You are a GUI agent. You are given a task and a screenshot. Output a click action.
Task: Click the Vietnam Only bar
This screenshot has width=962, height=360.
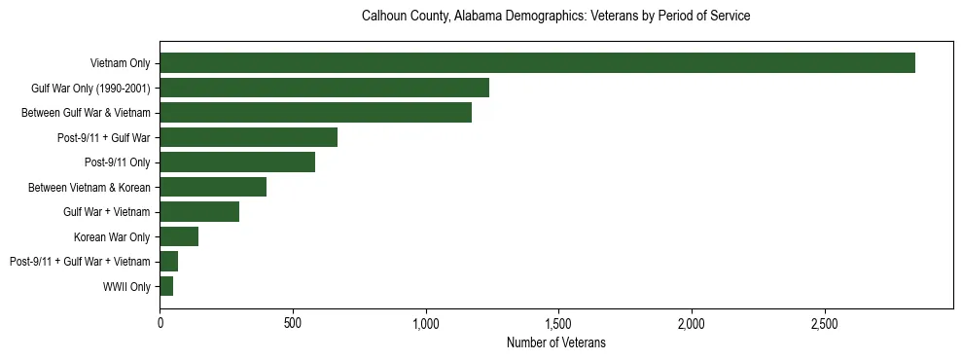click(537, 63)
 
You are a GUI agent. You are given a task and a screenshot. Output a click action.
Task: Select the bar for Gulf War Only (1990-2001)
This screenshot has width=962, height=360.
click(324, 88)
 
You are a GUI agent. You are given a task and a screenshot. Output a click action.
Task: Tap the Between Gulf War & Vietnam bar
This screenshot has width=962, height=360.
click(315, 113)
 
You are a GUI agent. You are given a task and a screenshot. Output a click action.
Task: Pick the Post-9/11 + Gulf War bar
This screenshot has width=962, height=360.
click(248, 137)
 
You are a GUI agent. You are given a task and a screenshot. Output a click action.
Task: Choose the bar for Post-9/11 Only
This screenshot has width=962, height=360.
click(237, 162)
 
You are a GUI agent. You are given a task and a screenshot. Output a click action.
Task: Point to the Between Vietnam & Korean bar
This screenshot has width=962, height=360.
click(213, 187)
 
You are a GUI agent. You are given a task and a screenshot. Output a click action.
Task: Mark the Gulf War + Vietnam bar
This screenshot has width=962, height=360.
click(199, 212)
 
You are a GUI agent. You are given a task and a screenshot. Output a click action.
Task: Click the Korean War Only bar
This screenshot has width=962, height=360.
click(179, 236)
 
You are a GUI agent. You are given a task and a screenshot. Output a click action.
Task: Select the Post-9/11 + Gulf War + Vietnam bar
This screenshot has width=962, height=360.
click(169, 262)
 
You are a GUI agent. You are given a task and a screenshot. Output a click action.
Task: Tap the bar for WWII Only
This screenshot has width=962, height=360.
click(166, 286)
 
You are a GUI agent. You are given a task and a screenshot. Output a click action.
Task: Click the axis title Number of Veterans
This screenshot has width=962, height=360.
click(555, 342)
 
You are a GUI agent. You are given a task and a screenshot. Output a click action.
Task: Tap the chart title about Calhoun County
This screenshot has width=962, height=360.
click(555, 17)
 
